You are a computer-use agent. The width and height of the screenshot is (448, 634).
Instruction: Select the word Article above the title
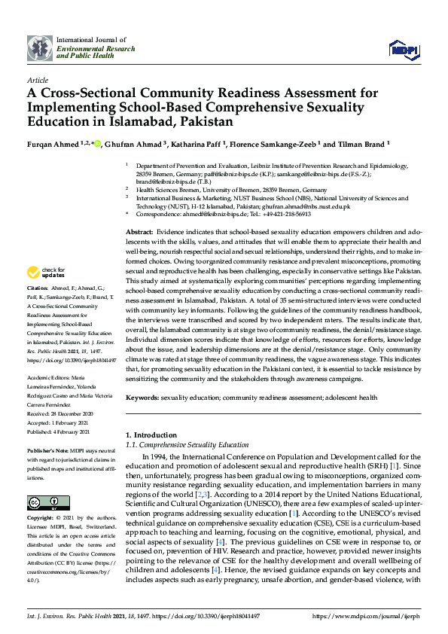point(37,80)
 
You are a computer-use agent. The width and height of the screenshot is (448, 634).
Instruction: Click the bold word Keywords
point(142,397)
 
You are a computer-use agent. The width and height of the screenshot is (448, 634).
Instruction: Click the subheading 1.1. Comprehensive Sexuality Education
point(187,445)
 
